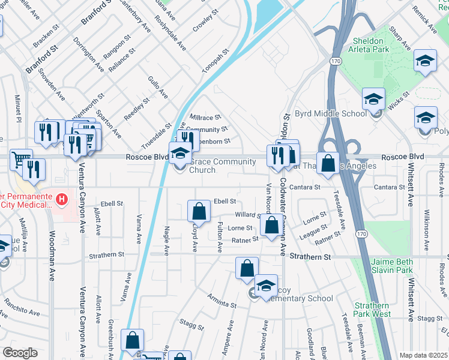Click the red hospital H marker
61,198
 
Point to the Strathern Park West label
372,310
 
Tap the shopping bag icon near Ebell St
199,211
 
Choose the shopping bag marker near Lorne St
271,226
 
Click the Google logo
20,353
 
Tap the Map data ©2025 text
423,355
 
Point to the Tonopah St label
216,61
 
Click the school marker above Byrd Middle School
373,99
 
